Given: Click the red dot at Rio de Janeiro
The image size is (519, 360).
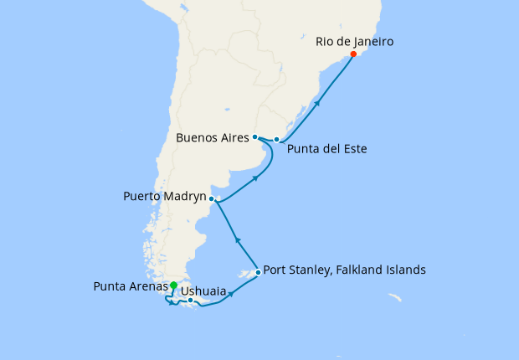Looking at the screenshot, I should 353,54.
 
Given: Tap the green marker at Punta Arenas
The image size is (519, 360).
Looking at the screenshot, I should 173,285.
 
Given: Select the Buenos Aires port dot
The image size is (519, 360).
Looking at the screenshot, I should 254,136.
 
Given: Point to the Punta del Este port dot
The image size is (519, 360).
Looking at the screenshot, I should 276,140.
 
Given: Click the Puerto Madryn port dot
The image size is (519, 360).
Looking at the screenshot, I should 212,199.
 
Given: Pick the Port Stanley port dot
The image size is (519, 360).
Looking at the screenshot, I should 258,272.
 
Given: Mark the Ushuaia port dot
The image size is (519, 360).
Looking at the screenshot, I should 191,300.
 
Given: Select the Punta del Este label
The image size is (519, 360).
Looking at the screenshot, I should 326,149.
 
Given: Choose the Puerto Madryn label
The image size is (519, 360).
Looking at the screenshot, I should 164,199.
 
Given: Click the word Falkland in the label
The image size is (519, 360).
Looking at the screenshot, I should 347,270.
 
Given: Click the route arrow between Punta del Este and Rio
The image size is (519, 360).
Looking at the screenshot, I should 318,102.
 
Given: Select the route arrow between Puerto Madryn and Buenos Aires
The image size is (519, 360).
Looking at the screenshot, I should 254,178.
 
